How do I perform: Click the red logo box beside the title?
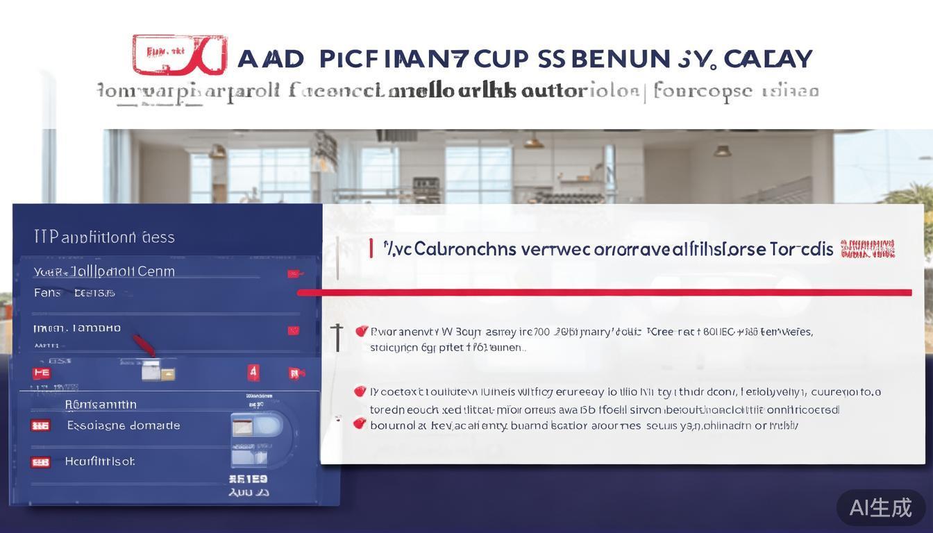click(179, 55)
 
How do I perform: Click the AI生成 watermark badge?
click(880, 507)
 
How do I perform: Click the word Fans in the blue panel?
click(47, 293)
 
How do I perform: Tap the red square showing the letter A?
click(253, 373)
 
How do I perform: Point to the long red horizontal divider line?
click(604, 292)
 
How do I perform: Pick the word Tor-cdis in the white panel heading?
click(801, 249)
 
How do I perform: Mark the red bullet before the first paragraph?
click(361, 331)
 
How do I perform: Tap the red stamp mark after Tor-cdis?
click(868, 248)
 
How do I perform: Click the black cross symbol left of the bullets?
click(338, 336)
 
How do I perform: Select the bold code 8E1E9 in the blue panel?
click(248, 479)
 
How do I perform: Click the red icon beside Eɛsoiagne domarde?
click(40, 425)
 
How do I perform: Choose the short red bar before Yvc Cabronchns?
click(371, 248)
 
